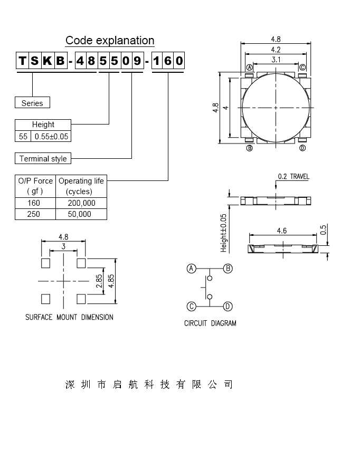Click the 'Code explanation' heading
(x=110, y=41)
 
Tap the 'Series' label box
(x=32, y=103)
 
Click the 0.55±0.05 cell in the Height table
(x=52, y=136)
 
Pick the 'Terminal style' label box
(x=43, y=158)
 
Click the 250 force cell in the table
(x=35, y=214)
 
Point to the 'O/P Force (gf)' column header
(x=35, y=186)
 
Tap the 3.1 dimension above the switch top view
(x=276, y=60)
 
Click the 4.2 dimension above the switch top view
(x=276, y=50)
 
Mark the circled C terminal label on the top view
(x=302, y=68)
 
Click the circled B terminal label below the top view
(x=249, y=148)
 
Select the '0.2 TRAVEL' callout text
(x=293, y=177)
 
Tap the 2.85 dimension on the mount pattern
(x=99, y=280)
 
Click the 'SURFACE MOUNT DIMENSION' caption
(x=69, y=317)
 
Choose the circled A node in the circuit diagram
(x=192, y=269)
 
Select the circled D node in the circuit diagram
(x=228, y=306)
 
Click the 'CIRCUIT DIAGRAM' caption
(x=210, y=323)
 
